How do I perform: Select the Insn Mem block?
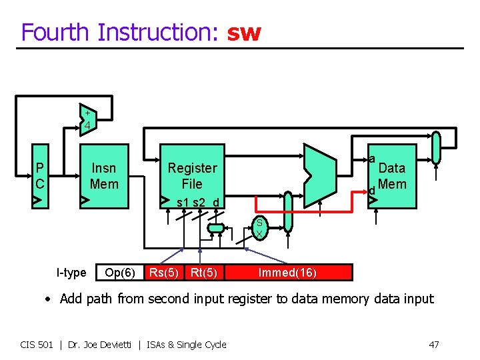coord(104,176)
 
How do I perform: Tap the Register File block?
coord(191,175)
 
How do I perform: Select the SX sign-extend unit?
coord(259,229)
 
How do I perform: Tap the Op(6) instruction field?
coord(120,273)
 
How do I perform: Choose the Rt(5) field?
coord(205,273)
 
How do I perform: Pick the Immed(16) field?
coord(287,273)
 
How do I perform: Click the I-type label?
coord(71,273)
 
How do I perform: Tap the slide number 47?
coord(433,344)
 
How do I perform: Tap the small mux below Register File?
coord(216,229)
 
